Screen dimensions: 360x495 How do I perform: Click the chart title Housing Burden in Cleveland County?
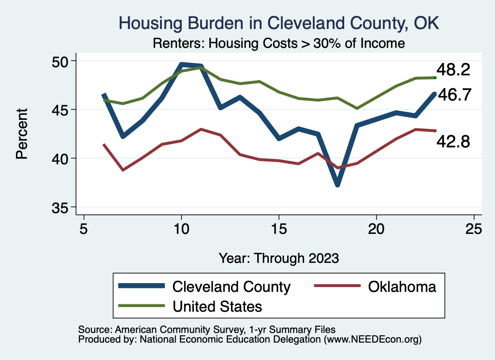[279, 23]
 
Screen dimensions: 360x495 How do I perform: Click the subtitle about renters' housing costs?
[278, 43]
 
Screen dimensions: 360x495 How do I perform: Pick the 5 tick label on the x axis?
[84, 229]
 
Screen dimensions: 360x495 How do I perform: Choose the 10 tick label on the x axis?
[181, 229]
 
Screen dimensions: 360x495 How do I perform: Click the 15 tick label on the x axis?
[278, 229]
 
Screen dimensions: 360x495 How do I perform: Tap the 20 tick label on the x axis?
[376, 229]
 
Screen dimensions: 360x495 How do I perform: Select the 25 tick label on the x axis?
[474, 229]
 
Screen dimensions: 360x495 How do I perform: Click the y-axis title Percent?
[22, 134]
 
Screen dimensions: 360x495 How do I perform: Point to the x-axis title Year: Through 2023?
[278, 258]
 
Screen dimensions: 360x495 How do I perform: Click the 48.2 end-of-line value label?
[453, 70]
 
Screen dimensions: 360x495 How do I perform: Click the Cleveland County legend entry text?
[232, 287]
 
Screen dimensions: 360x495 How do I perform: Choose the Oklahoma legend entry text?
[402, 287]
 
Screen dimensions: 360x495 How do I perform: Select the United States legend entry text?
[217, 306]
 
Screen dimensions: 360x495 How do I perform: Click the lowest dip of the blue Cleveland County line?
[337, 185]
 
